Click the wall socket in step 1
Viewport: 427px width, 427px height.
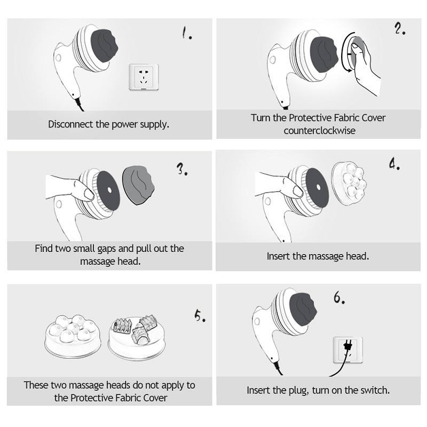click(144, 77)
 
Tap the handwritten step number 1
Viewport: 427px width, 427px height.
click(187, 33)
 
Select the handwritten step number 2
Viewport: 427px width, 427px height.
click(400, 28)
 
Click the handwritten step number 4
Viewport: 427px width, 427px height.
click(394, 164)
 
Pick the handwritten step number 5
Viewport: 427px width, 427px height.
click(200, 315)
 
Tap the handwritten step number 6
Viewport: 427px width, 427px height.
click(339, 297)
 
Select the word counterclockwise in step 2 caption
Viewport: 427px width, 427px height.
click(319, 131)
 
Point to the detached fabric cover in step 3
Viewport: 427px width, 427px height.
click(138, 185)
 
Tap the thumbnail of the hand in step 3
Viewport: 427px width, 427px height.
click(89, 194)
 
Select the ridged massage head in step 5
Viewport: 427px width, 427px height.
click(137, 337)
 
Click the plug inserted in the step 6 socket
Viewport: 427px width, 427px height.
click(347, 346)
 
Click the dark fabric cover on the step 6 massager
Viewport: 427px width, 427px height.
click(303, 308)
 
